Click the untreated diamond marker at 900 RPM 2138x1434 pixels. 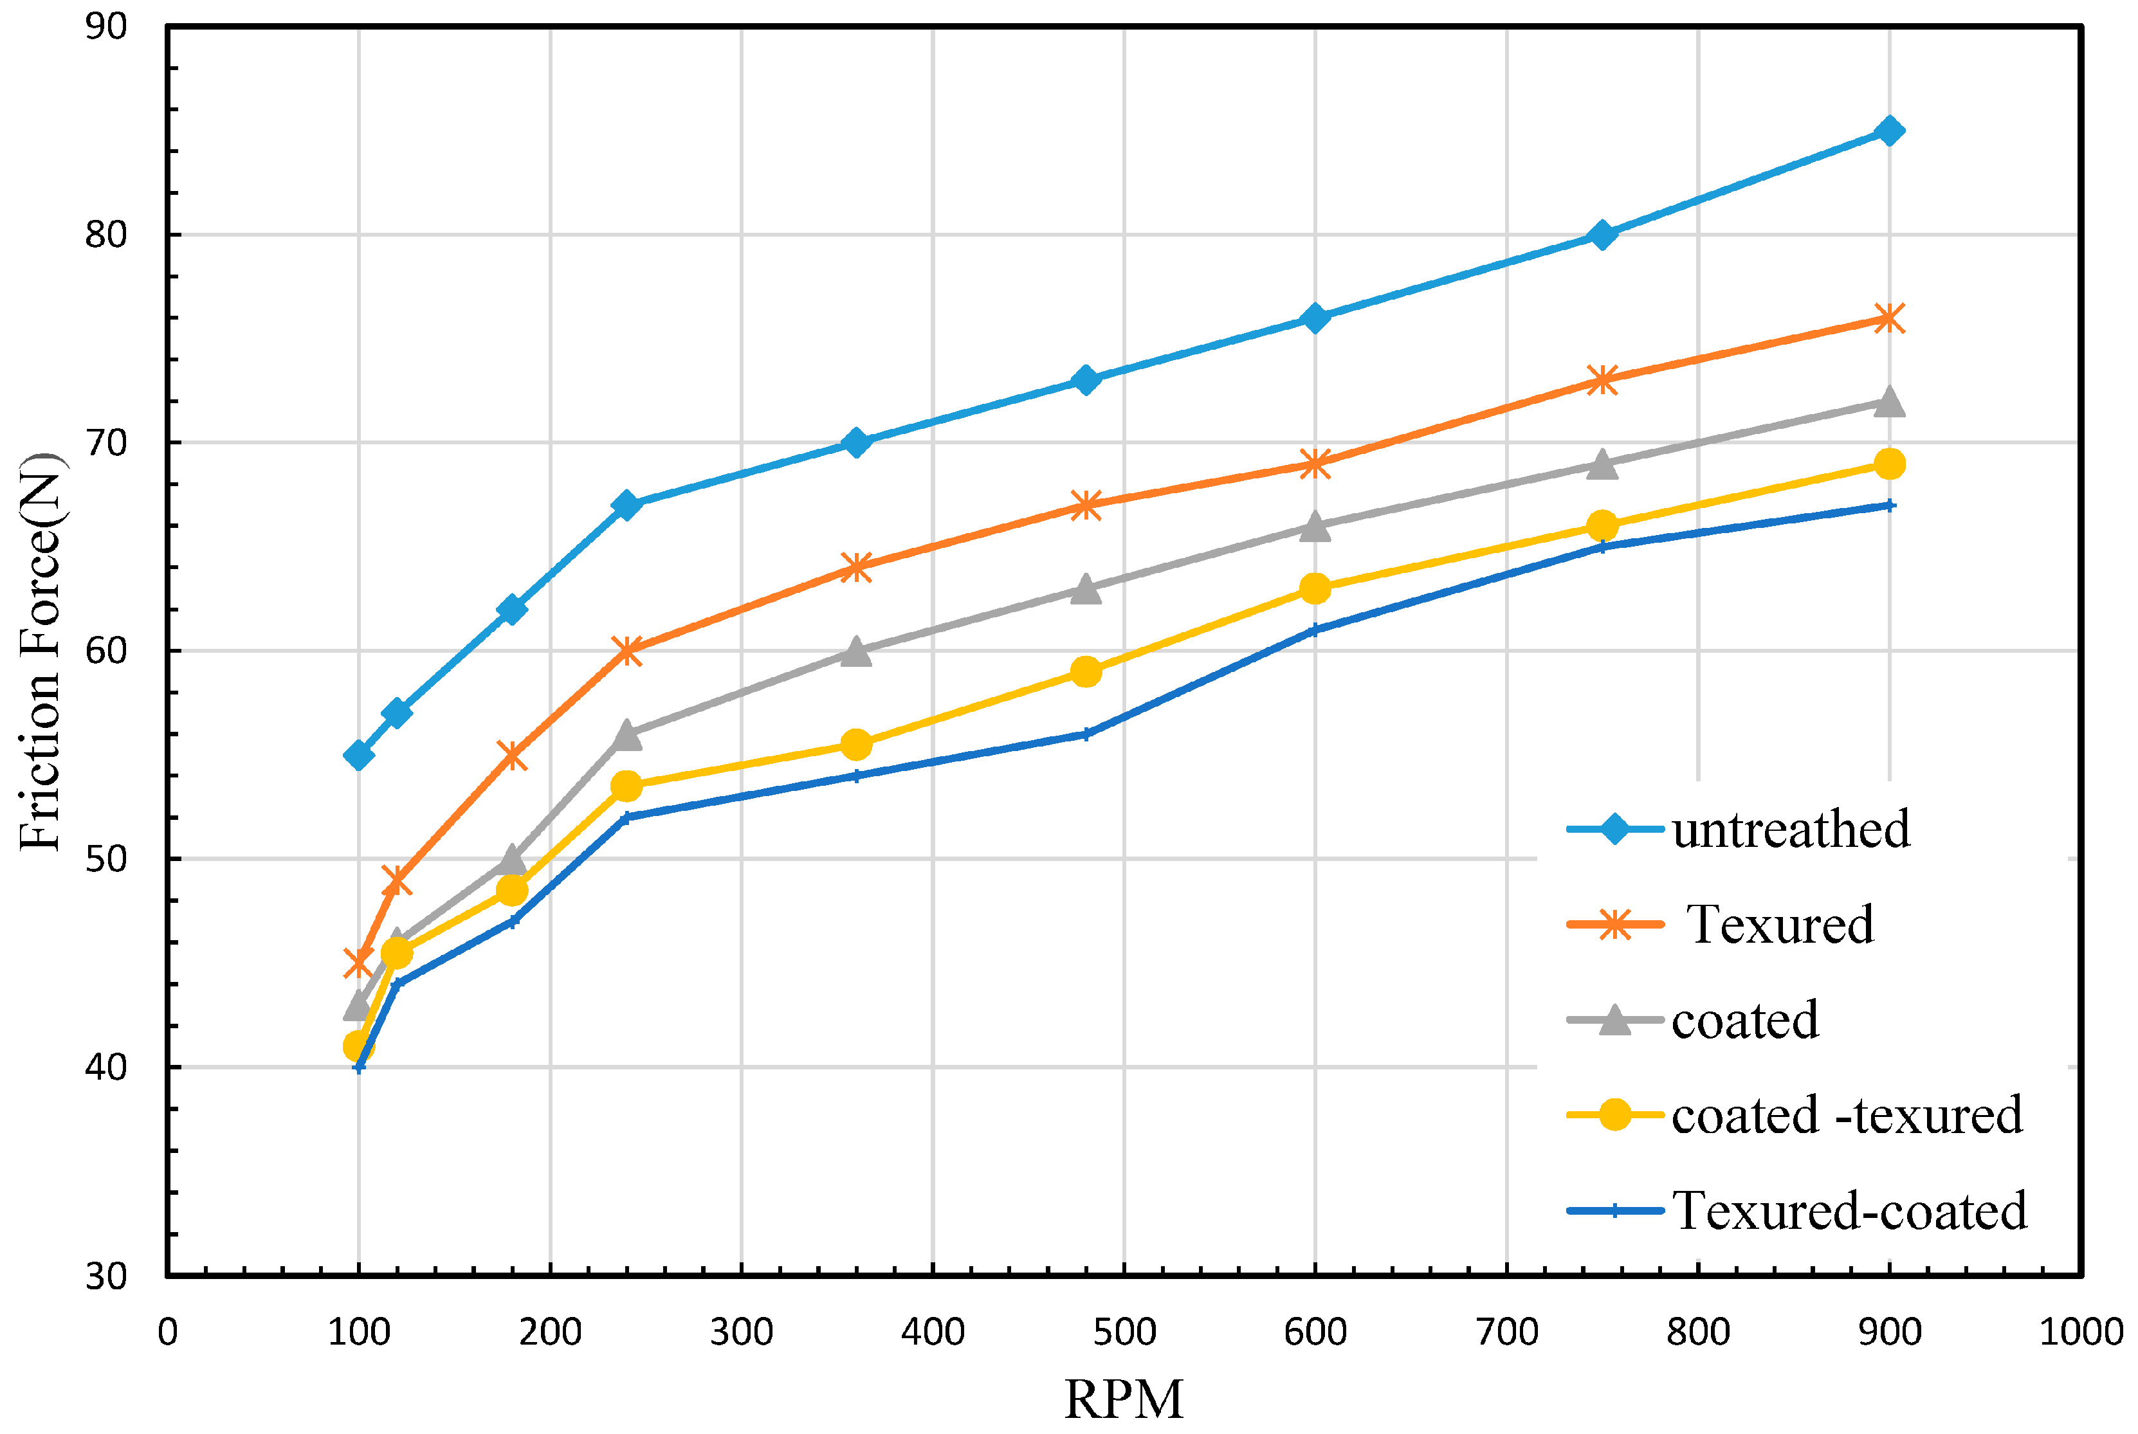1888,131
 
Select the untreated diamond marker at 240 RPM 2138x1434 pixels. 626,505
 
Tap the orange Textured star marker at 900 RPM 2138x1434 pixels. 1888,318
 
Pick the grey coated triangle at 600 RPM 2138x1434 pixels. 1315,527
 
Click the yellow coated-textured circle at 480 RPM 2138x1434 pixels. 1085,672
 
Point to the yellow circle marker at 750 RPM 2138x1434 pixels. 1601,526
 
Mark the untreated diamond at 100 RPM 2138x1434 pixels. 359,754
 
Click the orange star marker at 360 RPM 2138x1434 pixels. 855,567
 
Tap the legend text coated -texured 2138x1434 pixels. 1846,1114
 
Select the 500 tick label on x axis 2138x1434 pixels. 1124,1332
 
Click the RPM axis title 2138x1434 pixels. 1124,1399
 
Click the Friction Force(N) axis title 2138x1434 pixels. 41,651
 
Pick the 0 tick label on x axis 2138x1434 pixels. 167,1332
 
